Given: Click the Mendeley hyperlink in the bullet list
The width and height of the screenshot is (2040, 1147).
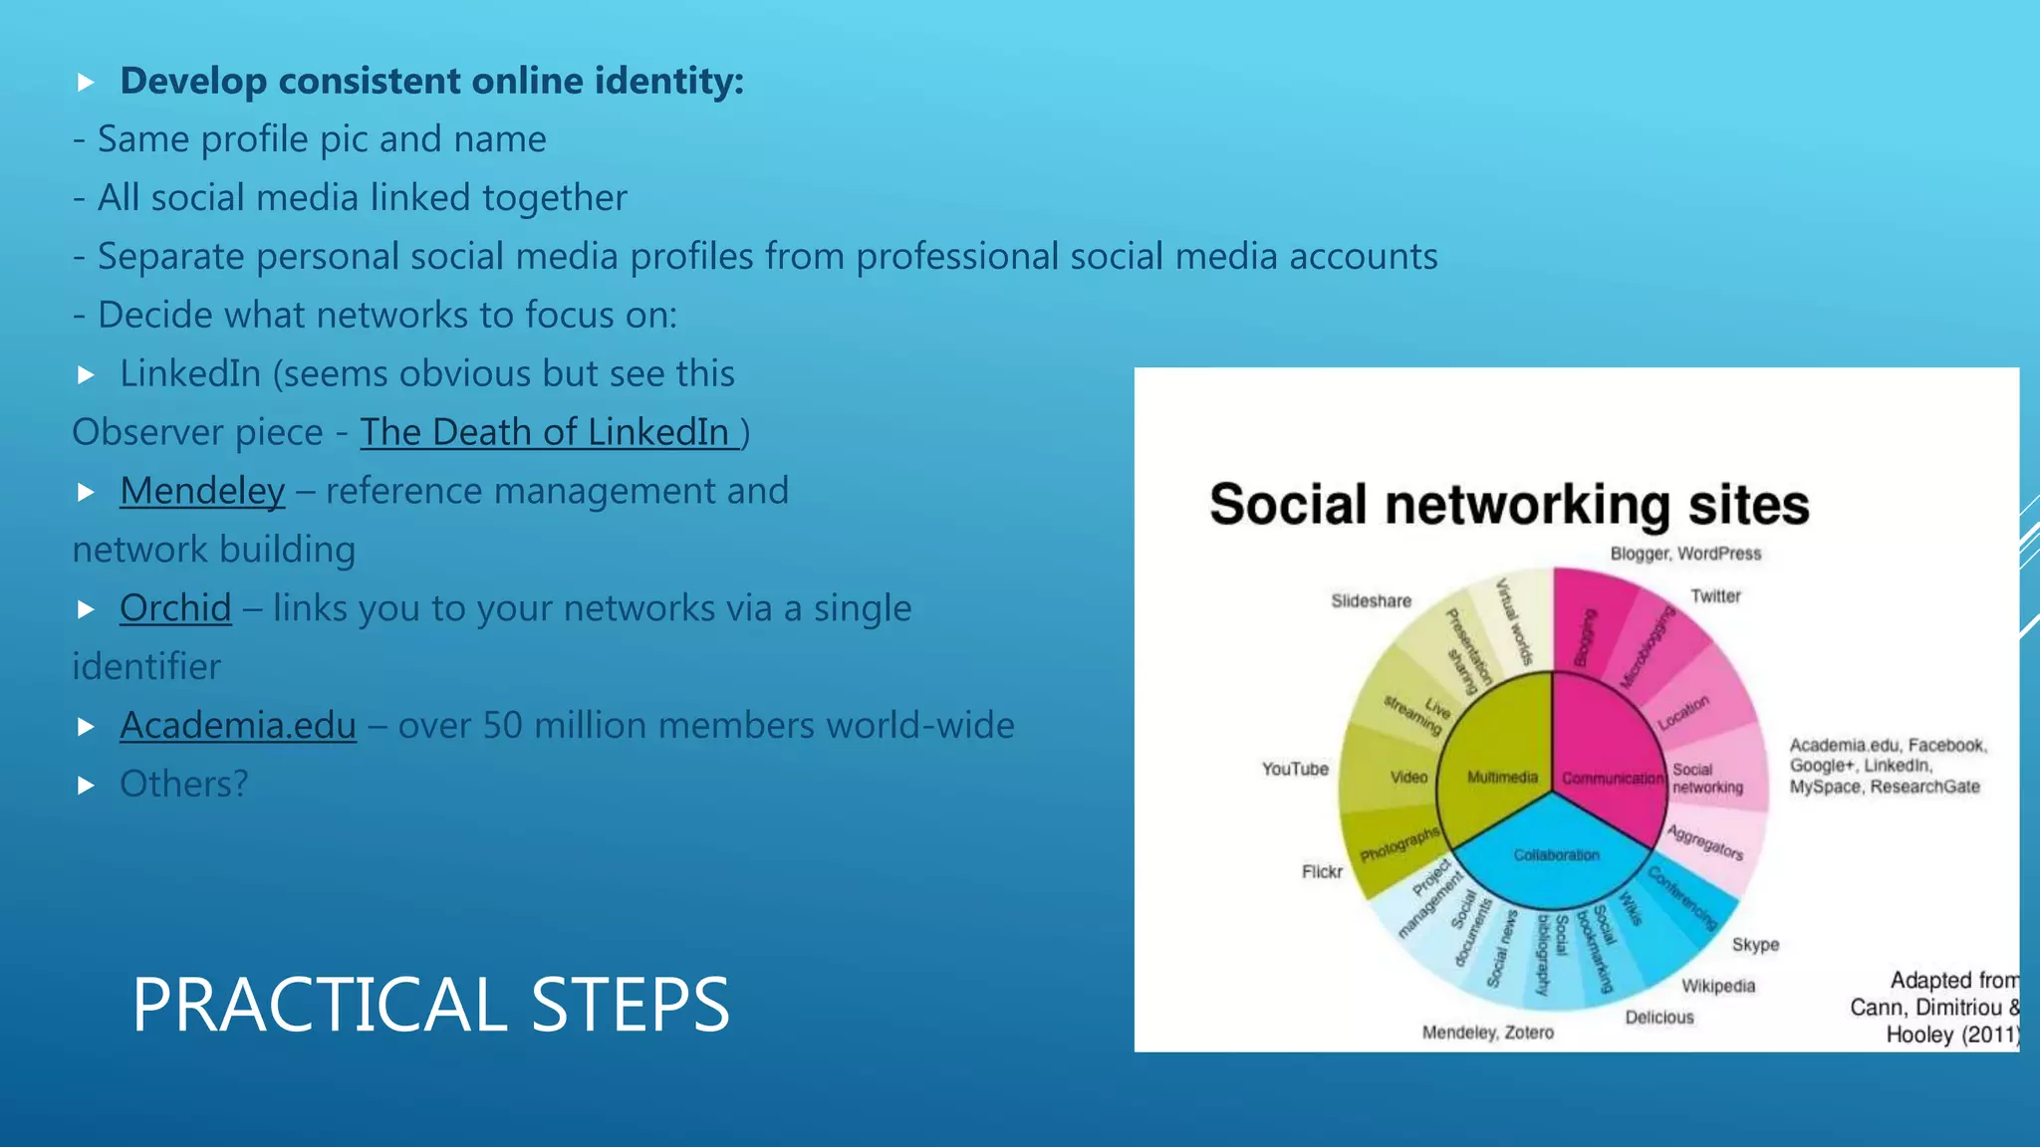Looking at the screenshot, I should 202,491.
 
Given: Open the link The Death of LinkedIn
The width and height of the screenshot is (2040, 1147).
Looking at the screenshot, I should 549,432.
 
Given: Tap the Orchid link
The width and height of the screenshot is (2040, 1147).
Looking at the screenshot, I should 175,608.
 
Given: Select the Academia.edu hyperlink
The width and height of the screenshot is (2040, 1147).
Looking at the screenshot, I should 238,726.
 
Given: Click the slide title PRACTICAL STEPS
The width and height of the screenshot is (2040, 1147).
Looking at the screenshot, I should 430,1004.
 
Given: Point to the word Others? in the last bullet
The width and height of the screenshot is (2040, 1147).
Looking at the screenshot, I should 184,785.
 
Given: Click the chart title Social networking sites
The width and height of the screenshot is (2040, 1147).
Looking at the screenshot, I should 1509,505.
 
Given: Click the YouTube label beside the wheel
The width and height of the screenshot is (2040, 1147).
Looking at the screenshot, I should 1295,770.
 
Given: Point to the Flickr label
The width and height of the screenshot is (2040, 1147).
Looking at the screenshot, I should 1322,872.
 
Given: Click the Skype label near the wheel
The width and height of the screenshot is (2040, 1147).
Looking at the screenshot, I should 1755,945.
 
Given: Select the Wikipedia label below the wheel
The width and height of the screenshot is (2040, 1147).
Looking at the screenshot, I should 1718,987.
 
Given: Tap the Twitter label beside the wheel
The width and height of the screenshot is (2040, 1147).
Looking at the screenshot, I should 1715,596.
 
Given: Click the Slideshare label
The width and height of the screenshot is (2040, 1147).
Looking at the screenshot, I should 1371,601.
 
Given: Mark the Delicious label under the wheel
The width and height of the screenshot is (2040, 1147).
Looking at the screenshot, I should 1659,1018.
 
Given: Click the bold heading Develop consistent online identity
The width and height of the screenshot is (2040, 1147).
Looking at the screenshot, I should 431,82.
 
